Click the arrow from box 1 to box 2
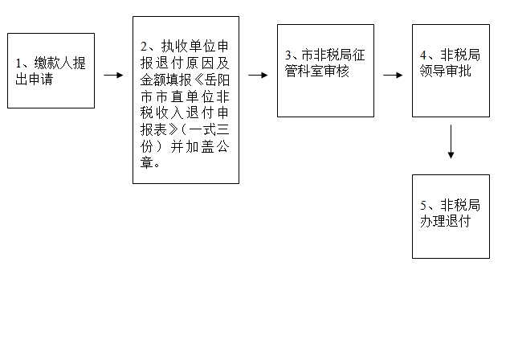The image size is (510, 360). (x=113, y=76)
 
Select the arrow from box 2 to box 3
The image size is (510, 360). (x=258, y=76)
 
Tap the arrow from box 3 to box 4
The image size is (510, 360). (x=393, y=76)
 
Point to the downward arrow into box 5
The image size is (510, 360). (x=451, y=141)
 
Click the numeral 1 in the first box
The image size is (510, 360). (x=18, y=63)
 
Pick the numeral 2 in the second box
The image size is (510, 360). (x=144, y=47)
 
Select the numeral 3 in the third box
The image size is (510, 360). (x=288, y=55)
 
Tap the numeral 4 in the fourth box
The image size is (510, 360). (x=422, y=55)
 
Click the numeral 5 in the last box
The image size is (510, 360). (x=422, y=206)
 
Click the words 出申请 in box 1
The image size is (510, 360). (x=35, y=80)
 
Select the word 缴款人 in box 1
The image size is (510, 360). (x=54, y=63)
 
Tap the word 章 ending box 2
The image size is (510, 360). (x=147, y=163)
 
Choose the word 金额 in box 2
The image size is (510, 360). (x=153, y=80)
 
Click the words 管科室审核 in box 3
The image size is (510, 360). (x=317, y=72)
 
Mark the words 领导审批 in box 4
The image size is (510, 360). (x=445, y=72)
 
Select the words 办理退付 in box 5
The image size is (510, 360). (x=445, y=222)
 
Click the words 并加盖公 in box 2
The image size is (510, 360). (x=200, y=147)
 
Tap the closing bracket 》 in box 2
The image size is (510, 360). (x=173, y=130)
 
